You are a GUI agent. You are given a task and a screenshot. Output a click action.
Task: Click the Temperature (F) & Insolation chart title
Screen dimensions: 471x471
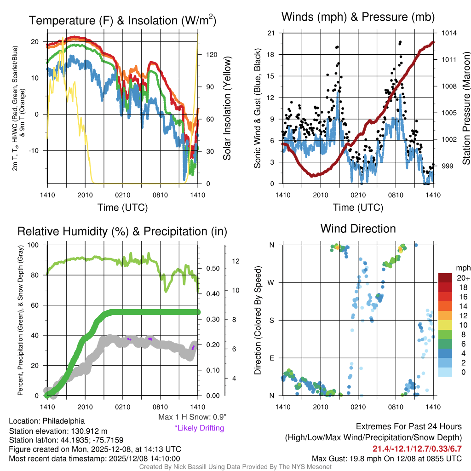click(123, 21)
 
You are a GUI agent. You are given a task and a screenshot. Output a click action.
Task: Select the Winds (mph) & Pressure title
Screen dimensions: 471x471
click(358, 17)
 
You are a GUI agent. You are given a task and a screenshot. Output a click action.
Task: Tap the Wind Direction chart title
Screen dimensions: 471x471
click(358, 229)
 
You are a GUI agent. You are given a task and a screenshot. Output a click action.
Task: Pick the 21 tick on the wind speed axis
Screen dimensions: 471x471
click(271, 33)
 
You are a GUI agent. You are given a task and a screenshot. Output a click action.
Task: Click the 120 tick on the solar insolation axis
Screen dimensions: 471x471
click(211, 54)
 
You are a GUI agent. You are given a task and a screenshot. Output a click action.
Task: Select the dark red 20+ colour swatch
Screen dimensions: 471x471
click(445, 278)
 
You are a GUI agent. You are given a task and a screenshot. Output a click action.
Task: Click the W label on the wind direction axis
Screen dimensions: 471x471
click(272, 282)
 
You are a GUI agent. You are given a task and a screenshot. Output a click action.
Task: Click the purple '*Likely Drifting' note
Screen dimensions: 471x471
click(199, 428)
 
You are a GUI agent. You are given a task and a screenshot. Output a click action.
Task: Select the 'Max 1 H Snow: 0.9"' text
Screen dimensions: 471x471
click(192, 417)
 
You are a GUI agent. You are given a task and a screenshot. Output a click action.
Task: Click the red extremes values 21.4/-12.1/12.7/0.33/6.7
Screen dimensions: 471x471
click(417, 448)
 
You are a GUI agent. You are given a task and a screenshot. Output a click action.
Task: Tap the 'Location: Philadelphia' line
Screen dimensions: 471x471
click(46, 421)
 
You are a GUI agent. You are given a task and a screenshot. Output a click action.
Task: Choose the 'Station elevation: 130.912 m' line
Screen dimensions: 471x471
click(58, 431)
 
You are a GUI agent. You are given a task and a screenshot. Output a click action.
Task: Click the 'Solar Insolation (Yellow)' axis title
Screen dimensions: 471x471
click(227, 109)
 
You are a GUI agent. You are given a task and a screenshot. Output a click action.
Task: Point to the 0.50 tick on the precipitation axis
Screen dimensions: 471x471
click(212, 269)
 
